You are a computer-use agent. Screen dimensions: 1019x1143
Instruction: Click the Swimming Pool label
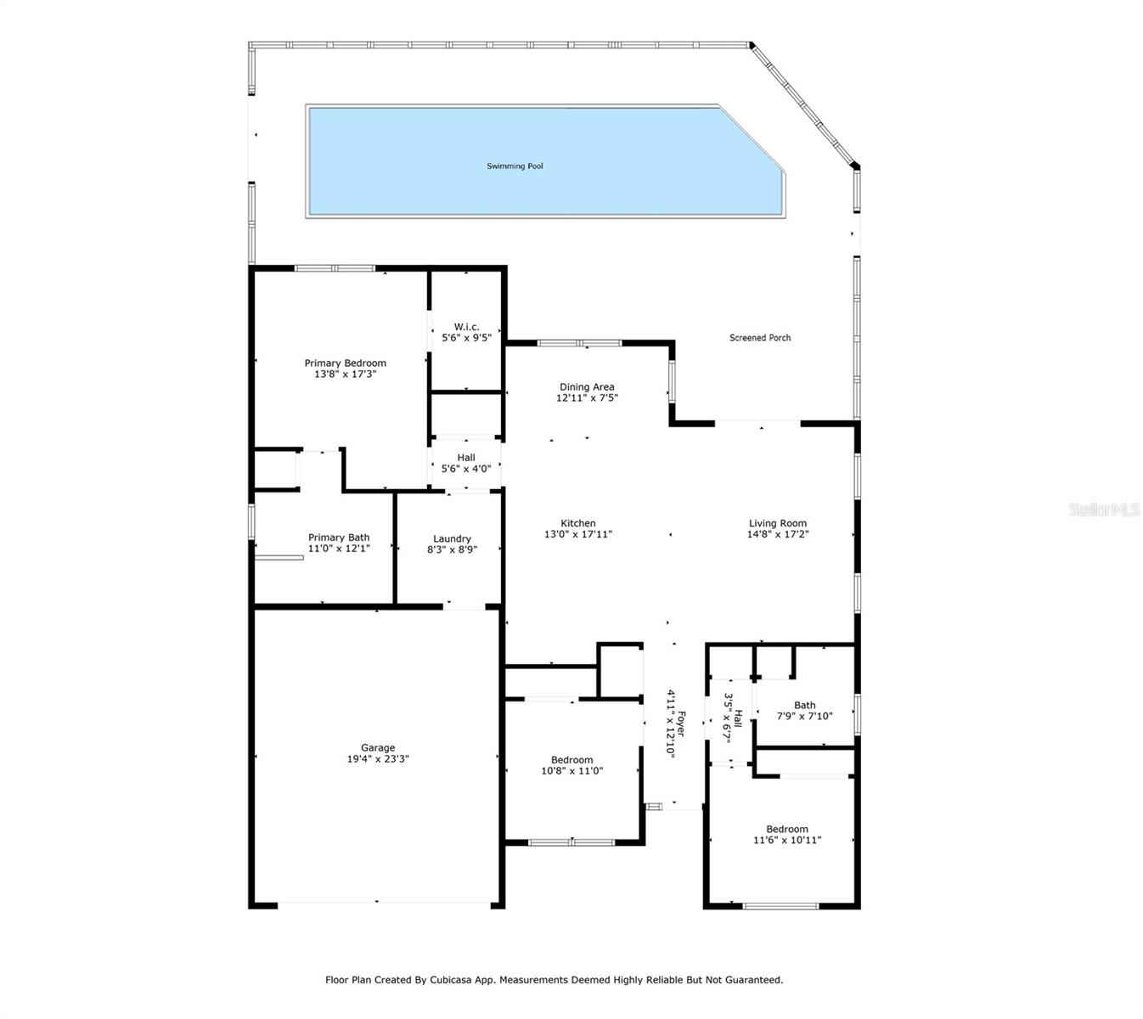515,166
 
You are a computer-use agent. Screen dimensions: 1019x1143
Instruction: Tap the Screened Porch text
760,338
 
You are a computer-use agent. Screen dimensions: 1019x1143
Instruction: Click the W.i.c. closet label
466,327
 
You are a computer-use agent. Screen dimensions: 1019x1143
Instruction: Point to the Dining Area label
586,387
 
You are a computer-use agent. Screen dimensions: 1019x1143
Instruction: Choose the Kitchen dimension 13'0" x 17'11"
577,535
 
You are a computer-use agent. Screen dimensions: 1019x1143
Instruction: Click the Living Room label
777,524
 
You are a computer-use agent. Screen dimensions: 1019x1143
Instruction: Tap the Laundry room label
452,538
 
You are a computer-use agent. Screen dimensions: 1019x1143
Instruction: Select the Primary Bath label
339,538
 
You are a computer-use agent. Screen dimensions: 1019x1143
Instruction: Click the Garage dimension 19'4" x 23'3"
377,759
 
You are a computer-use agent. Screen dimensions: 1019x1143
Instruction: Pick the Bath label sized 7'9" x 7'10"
804,705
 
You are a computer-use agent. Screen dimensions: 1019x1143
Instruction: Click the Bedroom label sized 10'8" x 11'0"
571,760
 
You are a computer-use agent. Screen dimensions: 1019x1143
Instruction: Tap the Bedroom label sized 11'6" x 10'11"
786,830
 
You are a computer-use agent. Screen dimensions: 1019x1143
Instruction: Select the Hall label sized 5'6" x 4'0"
466,458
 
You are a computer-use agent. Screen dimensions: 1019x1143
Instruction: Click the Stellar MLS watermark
1103,509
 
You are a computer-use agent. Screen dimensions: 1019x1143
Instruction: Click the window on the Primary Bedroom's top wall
335,268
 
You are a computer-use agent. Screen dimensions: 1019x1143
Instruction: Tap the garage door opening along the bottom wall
377,904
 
